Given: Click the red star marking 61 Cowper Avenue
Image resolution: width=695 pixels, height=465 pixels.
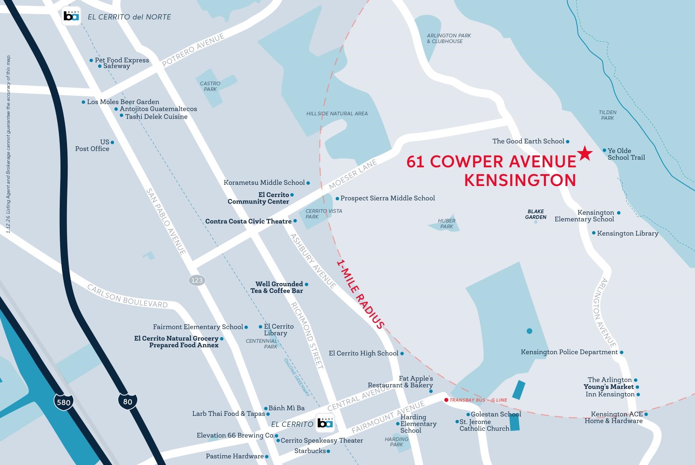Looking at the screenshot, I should [585, 153].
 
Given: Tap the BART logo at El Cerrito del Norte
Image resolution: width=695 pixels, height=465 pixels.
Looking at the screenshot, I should [71, 17].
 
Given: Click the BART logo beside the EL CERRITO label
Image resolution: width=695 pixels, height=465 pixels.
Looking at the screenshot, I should [325, 423].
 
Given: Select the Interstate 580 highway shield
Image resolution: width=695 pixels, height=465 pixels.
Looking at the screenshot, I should [63, 402].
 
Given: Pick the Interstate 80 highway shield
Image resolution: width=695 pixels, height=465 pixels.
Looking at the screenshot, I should [127, 401].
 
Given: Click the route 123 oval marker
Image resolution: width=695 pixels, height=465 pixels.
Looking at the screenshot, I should [197, 280].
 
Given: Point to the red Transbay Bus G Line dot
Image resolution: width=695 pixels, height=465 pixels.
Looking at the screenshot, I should [446, 400].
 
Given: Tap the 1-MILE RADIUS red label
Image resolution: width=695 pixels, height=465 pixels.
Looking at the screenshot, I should [360, 294].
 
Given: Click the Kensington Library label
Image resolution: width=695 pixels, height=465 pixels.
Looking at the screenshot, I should [627, 233].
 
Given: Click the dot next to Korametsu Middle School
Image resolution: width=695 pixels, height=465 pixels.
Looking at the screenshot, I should [308, 183].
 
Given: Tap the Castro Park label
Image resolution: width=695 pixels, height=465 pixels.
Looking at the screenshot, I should [210, 86].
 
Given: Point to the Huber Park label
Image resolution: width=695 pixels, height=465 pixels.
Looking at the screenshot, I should [446, 223].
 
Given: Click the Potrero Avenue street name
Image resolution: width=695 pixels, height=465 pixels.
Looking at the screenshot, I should [193, 50].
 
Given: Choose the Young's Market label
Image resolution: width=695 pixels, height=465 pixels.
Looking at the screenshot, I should [608, 387].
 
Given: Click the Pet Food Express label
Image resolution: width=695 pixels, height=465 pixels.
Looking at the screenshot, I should [122, 60].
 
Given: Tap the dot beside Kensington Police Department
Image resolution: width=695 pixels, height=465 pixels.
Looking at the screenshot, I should [621, 352].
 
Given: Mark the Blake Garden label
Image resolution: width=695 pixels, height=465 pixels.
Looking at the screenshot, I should [535, 214].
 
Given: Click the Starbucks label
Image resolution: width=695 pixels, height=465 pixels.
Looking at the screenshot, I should [310, 450].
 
